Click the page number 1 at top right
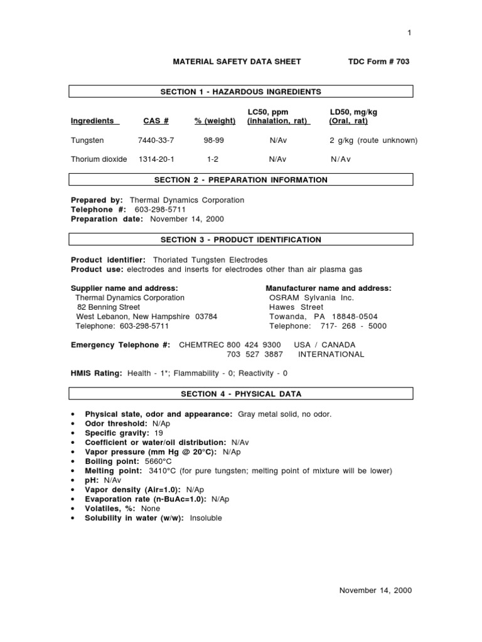(x=409, y=33)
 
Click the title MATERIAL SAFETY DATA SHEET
(x=237, y=61)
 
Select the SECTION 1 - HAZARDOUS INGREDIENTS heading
(x=241, y=92)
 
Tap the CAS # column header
(x=157, y=121)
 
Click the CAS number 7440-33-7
(x=157, y=140)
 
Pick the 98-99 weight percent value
(x=215, y=140)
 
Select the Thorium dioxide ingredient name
(x=99, y=159)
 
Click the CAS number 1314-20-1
(x=157, y=159)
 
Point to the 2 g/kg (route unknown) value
(x=373, y=140)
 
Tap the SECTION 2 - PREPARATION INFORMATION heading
(x=241, y=180)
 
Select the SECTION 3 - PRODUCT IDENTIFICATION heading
(x=241, y=239)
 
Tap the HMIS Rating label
(x=97, y=373)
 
